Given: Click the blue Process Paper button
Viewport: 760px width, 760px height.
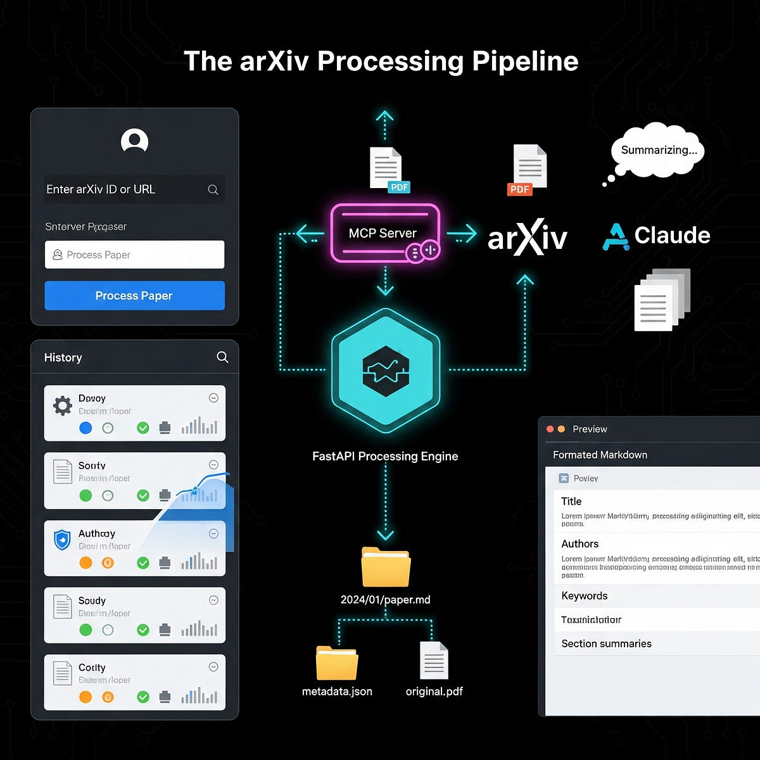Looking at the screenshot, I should [x=134, y=296].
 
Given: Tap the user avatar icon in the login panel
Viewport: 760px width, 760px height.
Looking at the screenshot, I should [x=134, y=141].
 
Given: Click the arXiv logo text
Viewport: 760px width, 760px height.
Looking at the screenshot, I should [x=527, y=237].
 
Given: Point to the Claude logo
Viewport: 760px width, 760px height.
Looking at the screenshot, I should [x=656, y=236].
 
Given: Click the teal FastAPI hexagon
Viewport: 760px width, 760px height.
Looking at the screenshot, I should [x=385, y=370].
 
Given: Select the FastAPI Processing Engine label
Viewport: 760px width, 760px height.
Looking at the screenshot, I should [x=385, y=456].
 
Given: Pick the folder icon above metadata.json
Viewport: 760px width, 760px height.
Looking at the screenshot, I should [x=337, y=663].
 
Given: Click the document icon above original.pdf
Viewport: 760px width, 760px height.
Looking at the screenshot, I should [x=434, y=661].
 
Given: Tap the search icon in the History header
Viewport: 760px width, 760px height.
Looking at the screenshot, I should [x=222, y=357].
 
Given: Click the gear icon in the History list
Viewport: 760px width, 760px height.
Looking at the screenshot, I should [x=62, y=405].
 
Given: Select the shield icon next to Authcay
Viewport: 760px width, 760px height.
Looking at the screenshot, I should [x=62, y=540].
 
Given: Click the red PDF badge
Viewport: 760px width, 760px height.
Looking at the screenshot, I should [x=519, y=189].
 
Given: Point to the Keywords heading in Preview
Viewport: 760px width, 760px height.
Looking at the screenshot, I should [x=585, y=596].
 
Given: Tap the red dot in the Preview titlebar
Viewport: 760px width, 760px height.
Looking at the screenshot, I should [x=550, y=429].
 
